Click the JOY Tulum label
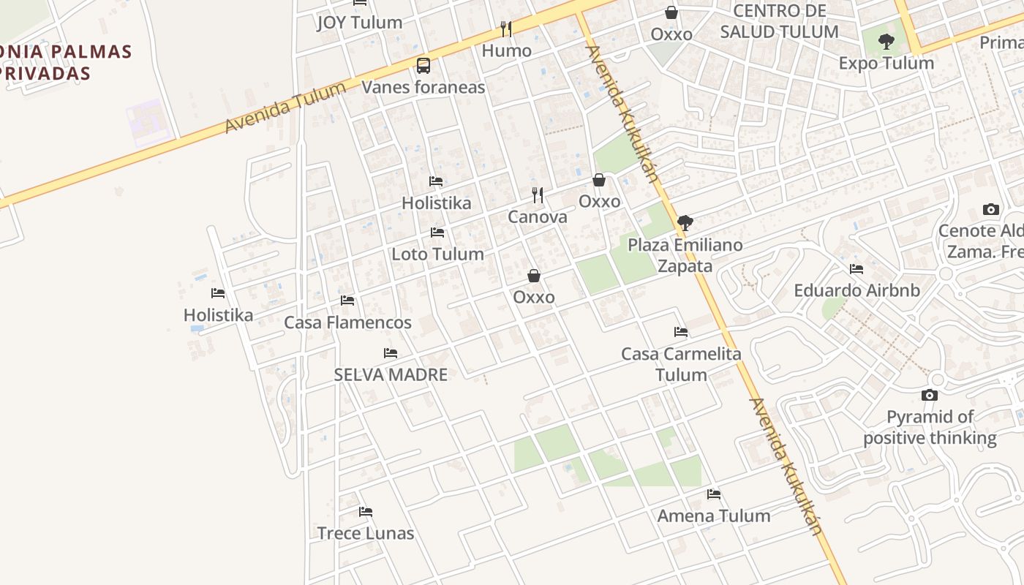click(359, 23)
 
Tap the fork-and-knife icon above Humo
click(505, 29)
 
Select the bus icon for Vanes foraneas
click(423, 66)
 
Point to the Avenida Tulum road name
click(285, 108)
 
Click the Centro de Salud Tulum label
click(779, 21)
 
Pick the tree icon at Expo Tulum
click(886, 42)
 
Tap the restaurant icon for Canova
click(538, 195)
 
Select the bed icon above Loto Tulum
click(437, 233)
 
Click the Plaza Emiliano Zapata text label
click(685, 255)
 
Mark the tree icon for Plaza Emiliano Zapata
click(685, 223)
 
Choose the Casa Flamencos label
click(347, 322)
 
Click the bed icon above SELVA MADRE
click(391, 353)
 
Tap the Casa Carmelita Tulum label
click(681, 364)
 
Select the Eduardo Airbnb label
click(857, 290)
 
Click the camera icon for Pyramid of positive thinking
click(930, 396)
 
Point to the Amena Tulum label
click(714, 516)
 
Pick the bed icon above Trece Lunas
click(366, 512)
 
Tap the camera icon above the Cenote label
click(991, 210)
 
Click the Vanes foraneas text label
click(423, 87)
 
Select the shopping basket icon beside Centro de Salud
click(671, 12)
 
